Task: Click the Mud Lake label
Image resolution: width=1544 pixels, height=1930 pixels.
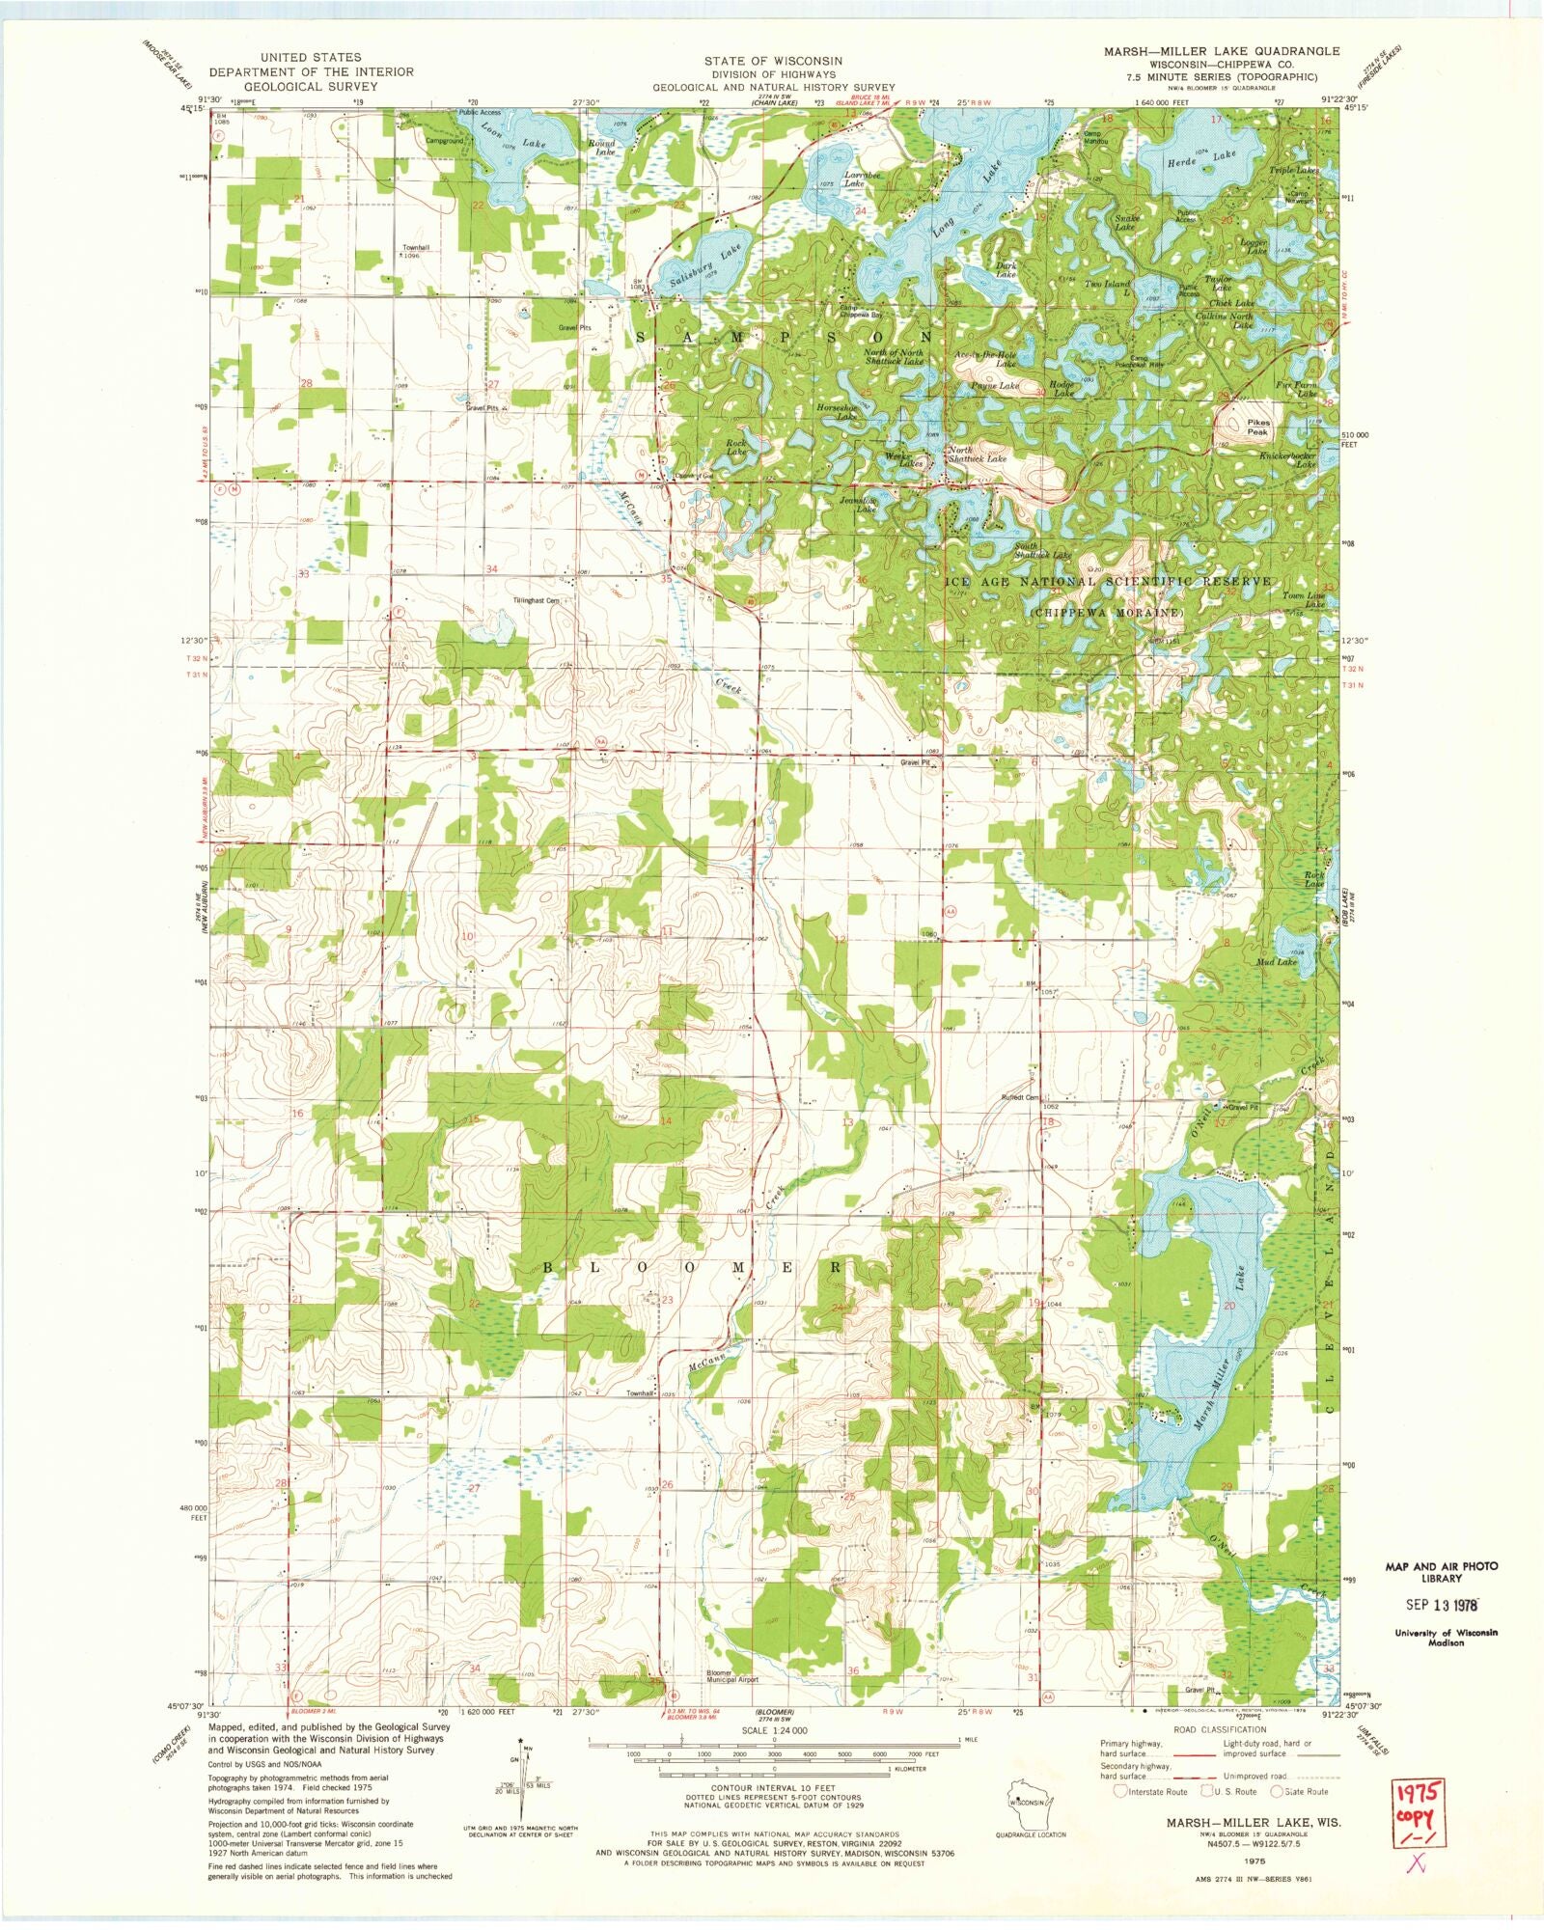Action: coord(1276,962)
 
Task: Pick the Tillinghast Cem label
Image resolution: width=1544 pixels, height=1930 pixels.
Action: coord(536,600)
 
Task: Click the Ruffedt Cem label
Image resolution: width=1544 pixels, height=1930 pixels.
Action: coord(1020,1097)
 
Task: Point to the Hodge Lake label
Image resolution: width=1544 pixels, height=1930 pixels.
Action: coord(1063,389)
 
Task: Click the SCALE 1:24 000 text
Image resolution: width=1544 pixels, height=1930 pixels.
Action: coord(768,1731)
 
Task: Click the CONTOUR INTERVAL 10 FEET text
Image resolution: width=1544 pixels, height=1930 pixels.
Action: coord(769,1787)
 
